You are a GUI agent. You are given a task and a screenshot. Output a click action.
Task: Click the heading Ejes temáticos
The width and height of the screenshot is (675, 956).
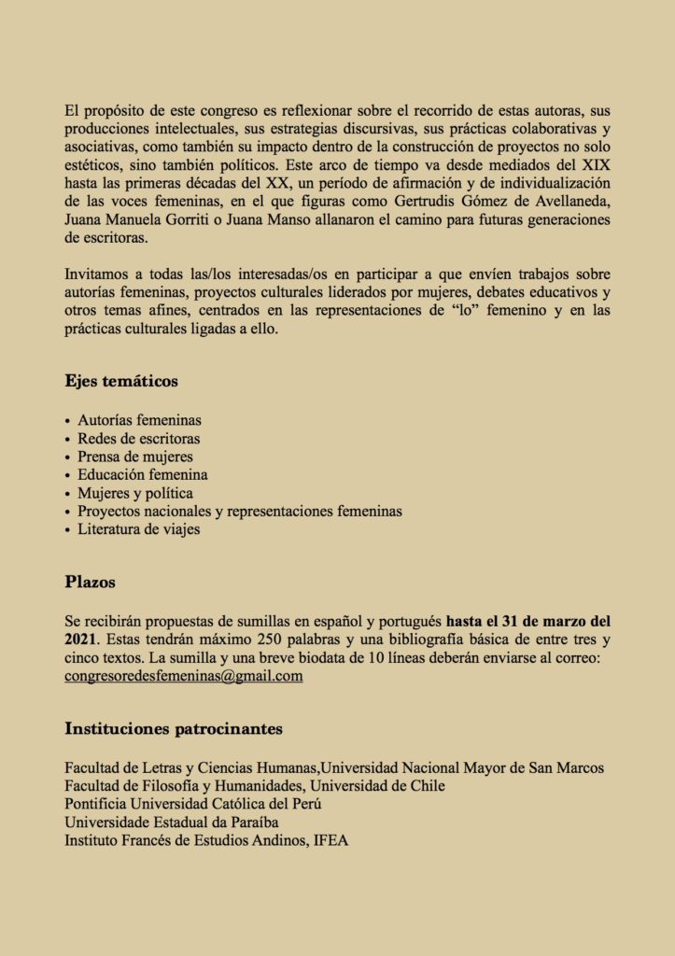point(121,381)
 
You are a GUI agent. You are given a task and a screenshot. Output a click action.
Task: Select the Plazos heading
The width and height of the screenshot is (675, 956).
point(91,582)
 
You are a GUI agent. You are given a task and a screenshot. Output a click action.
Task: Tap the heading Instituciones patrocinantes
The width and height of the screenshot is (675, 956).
point(174,728)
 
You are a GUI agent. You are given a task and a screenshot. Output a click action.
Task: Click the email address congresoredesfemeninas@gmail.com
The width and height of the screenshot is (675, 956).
point(184,676)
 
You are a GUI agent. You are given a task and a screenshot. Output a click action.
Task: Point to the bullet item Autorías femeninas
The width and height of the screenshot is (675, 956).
point(139,420)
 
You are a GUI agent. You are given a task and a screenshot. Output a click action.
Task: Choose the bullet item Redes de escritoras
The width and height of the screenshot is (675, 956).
point(138,438)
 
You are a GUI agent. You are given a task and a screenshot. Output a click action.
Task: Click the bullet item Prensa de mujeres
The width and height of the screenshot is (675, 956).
point(135,457)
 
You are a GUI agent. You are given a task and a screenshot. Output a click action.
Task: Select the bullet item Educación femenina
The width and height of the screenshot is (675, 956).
point(142,474)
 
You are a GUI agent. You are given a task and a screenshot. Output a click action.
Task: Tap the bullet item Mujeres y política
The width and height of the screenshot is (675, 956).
point(135,493)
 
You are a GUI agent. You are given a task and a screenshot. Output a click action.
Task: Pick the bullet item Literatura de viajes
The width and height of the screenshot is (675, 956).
point(138,529)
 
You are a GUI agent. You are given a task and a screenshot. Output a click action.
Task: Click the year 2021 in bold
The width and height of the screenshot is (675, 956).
point(81,640)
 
